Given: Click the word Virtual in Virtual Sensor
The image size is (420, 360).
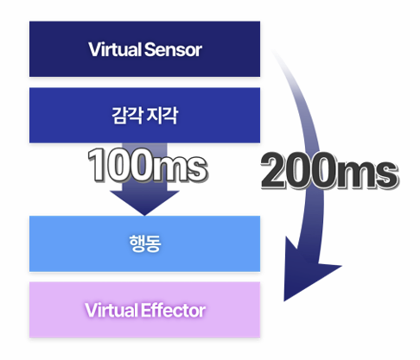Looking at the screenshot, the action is (x=115, y=49).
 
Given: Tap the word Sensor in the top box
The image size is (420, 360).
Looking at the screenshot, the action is (x=173, y=49).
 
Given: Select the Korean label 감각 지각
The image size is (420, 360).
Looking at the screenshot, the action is (x=145, y=116).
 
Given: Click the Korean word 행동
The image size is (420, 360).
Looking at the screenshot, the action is (x=145, y=243).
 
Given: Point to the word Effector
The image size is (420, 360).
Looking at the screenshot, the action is (x=173, y=310).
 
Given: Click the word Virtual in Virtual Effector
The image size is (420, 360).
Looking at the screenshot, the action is (x=111, y=310).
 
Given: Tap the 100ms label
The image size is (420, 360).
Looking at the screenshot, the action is (x=147, y=165).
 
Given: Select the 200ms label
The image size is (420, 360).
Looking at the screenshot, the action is (x=329, y=171).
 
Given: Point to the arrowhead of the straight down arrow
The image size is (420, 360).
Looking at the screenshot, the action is (x=144, y=202).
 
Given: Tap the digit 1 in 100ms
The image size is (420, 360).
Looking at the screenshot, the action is (x=96, y=165).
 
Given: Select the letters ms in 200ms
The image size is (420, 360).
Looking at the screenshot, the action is (x=366, y=175).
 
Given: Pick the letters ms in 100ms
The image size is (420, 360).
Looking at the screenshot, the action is (x=179, y=169).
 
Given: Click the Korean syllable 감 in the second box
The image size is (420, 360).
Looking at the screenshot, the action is (x=119, y=116).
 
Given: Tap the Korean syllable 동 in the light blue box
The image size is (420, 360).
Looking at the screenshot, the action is (x=153, y=243).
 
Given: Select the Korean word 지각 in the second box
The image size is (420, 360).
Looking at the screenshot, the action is (x=162, y=116).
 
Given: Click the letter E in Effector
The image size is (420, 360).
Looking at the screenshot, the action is (x=146, y=310).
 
